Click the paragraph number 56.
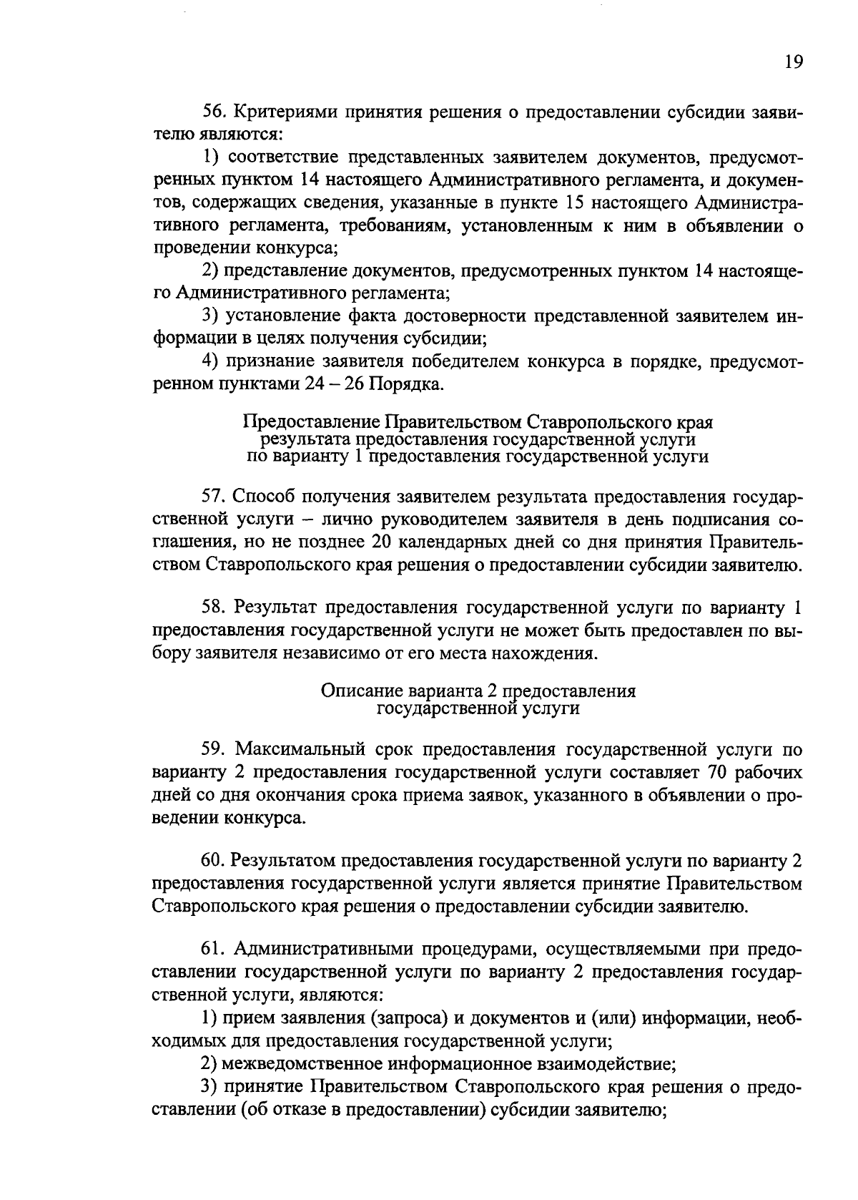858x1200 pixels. [x=214, y=113]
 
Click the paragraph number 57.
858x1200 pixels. [x=214, y=497]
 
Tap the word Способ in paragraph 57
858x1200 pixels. [x=262, y=497]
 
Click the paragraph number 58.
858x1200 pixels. [x=214, y=608]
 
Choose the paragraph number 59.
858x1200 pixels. [x=214, y=750]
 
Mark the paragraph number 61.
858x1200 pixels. [x=213, y=950]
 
